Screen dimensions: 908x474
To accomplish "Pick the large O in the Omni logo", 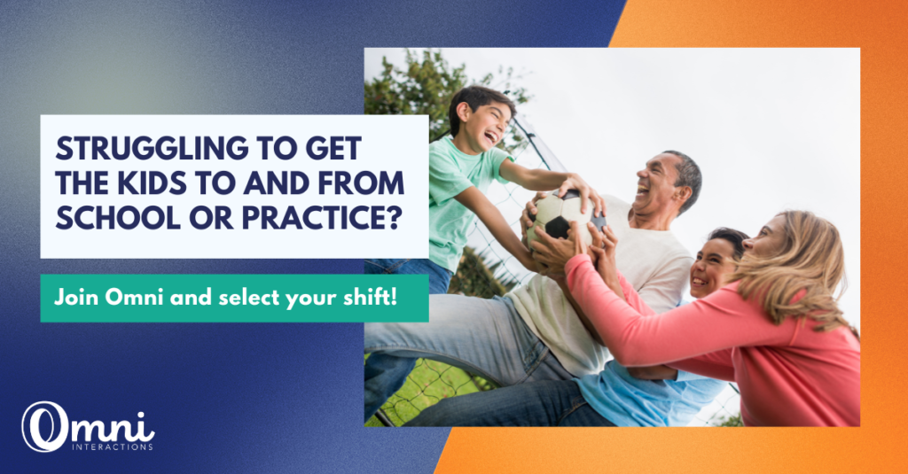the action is coord(45,426).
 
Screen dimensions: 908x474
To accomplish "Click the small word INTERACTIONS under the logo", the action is coord(113,447).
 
